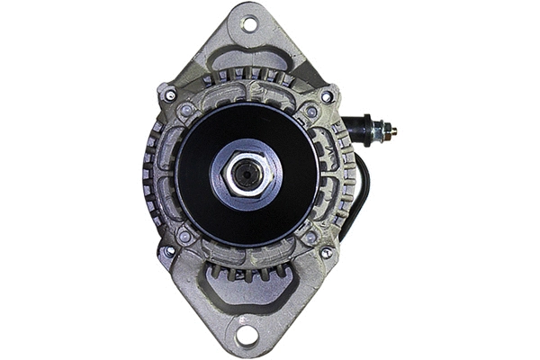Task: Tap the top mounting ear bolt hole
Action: tap(248, 23)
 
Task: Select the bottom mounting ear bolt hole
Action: tap(247, 337)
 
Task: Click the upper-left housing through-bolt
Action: tap(169, 94)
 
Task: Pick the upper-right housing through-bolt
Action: tap(327, 96)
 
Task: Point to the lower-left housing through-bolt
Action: tap(167, 252)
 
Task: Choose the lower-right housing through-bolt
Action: tap(326, 253)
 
